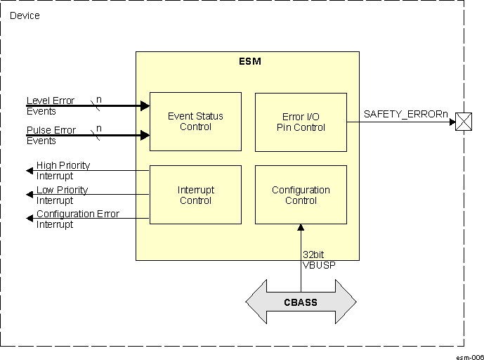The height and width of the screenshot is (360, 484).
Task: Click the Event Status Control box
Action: click(x=195, y=121)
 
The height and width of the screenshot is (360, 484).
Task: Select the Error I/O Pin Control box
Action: click(x=301, y=122)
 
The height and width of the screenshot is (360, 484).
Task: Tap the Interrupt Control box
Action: click(x=195, y=195)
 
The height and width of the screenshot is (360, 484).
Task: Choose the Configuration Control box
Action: click(x=301, y=195)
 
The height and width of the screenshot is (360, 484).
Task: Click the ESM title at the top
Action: click(x=250, y=61)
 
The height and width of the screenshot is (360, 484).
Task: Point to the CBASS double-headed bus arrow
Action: click(x=301, y=303)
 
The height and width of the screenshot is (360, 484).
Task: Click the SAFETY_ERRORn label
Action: click(x=405, y=114)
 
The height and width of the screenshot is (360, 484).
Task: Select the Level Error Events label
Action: click(x=51, y=105)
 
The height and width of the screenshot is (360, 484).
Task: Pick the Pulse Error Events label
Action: click(x=51, y=135)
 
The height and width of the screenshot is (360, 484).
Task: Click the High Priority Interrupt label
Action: click(x=63, y=170)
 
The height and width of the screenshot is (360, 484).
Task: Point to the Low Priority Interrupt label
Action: click(x=62, y=195)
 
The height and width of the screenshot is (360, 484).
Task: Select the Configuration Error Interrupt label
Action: click(x=77, y=219)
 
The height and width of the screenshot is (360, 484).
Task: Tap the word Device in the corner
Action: click(x=25, y=15)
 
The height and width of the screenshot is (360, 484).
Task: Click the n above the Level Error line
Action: click(x=98, y=100)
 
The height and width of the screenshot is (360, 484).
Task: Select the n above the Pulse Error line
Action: click(x=98, y=129)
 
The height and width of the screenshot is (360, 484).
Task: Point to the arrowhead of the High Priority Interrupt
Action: click(x=30, y=170)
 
